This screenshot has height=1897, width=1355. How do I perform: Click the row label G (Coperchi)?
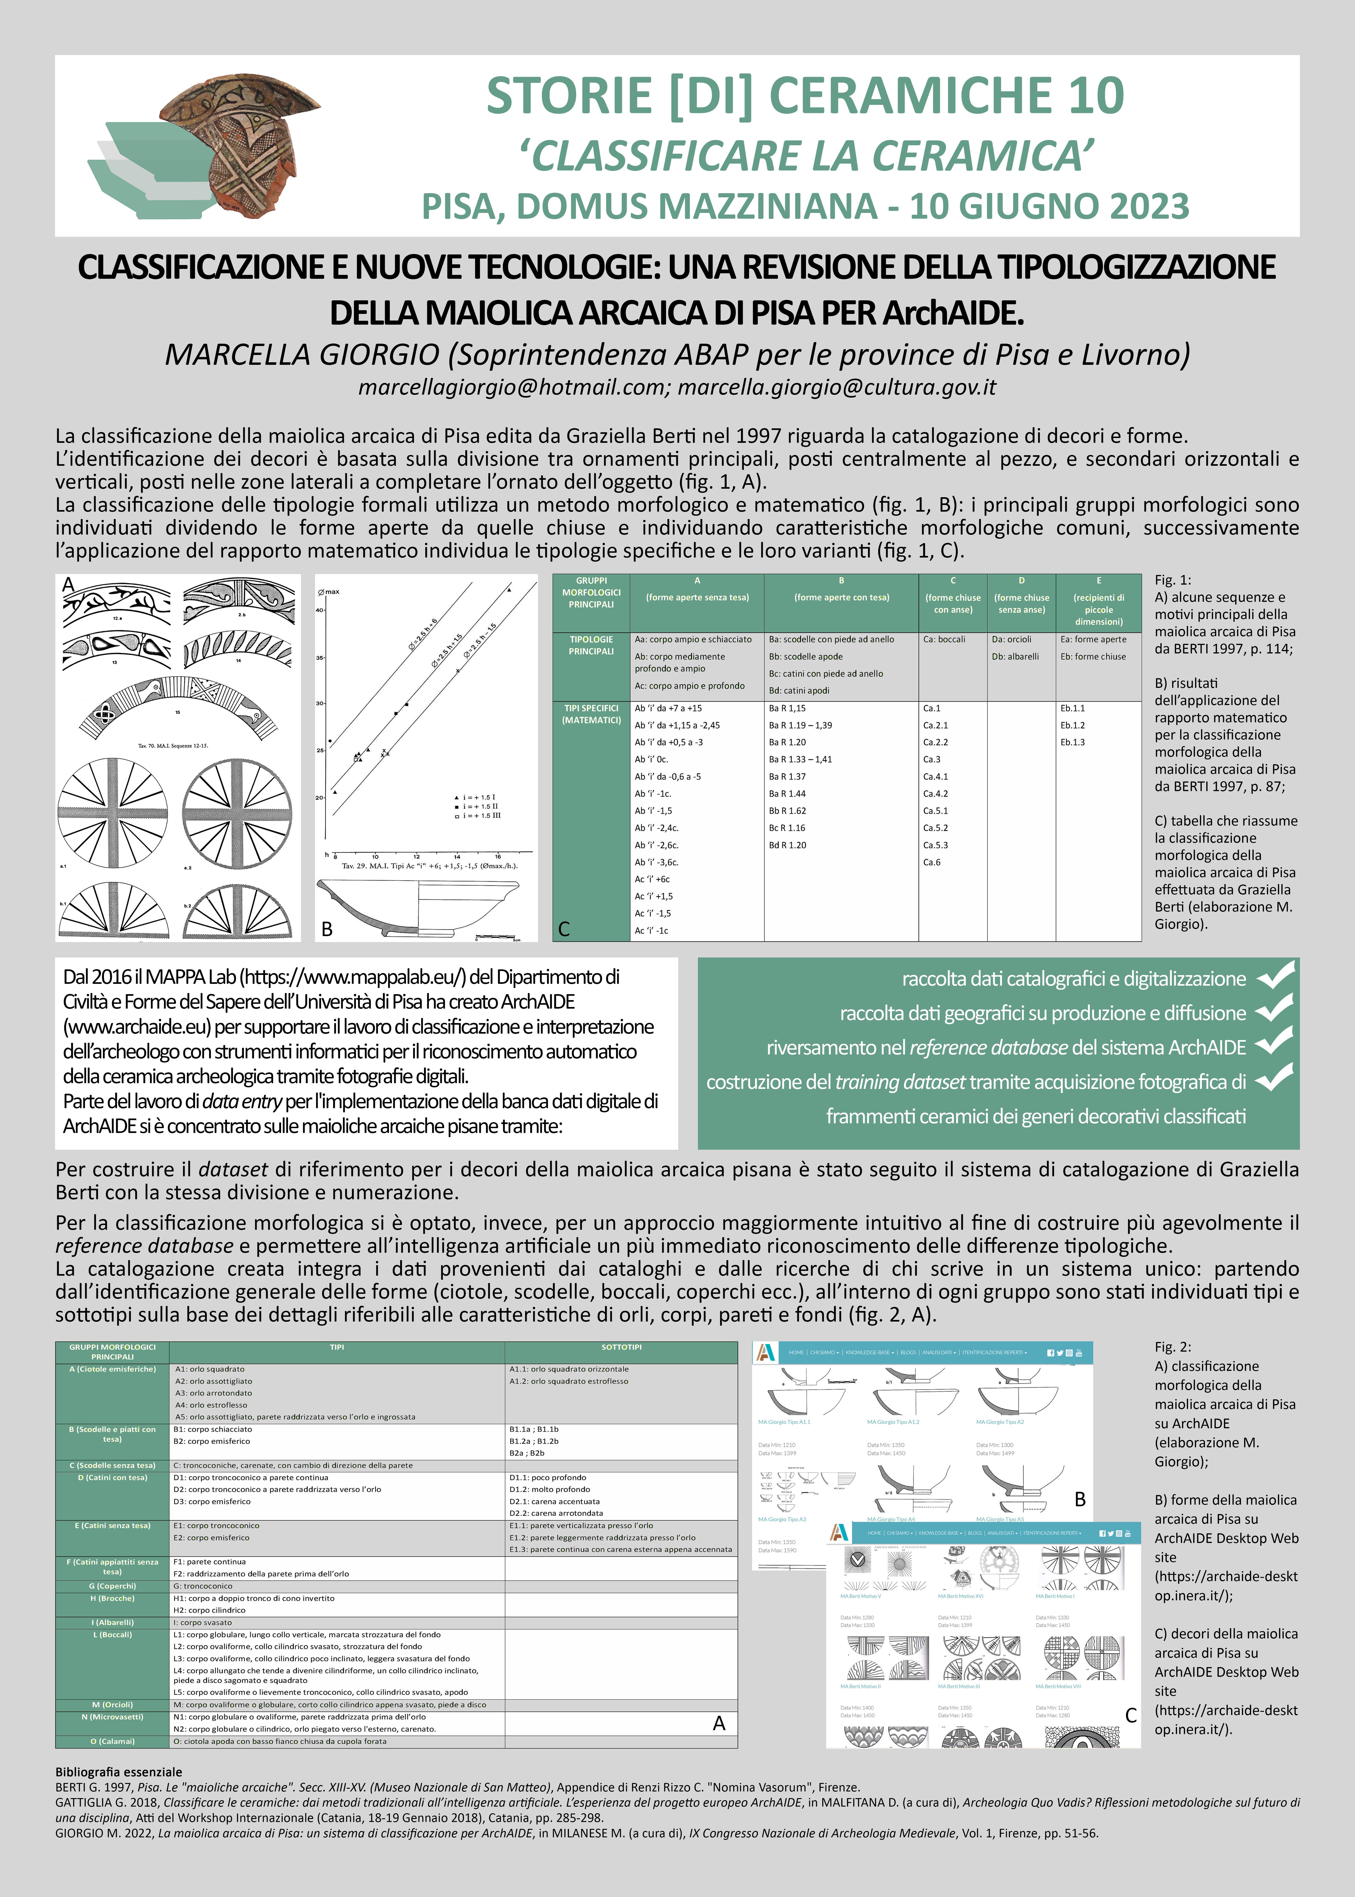click(112, 1586)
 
